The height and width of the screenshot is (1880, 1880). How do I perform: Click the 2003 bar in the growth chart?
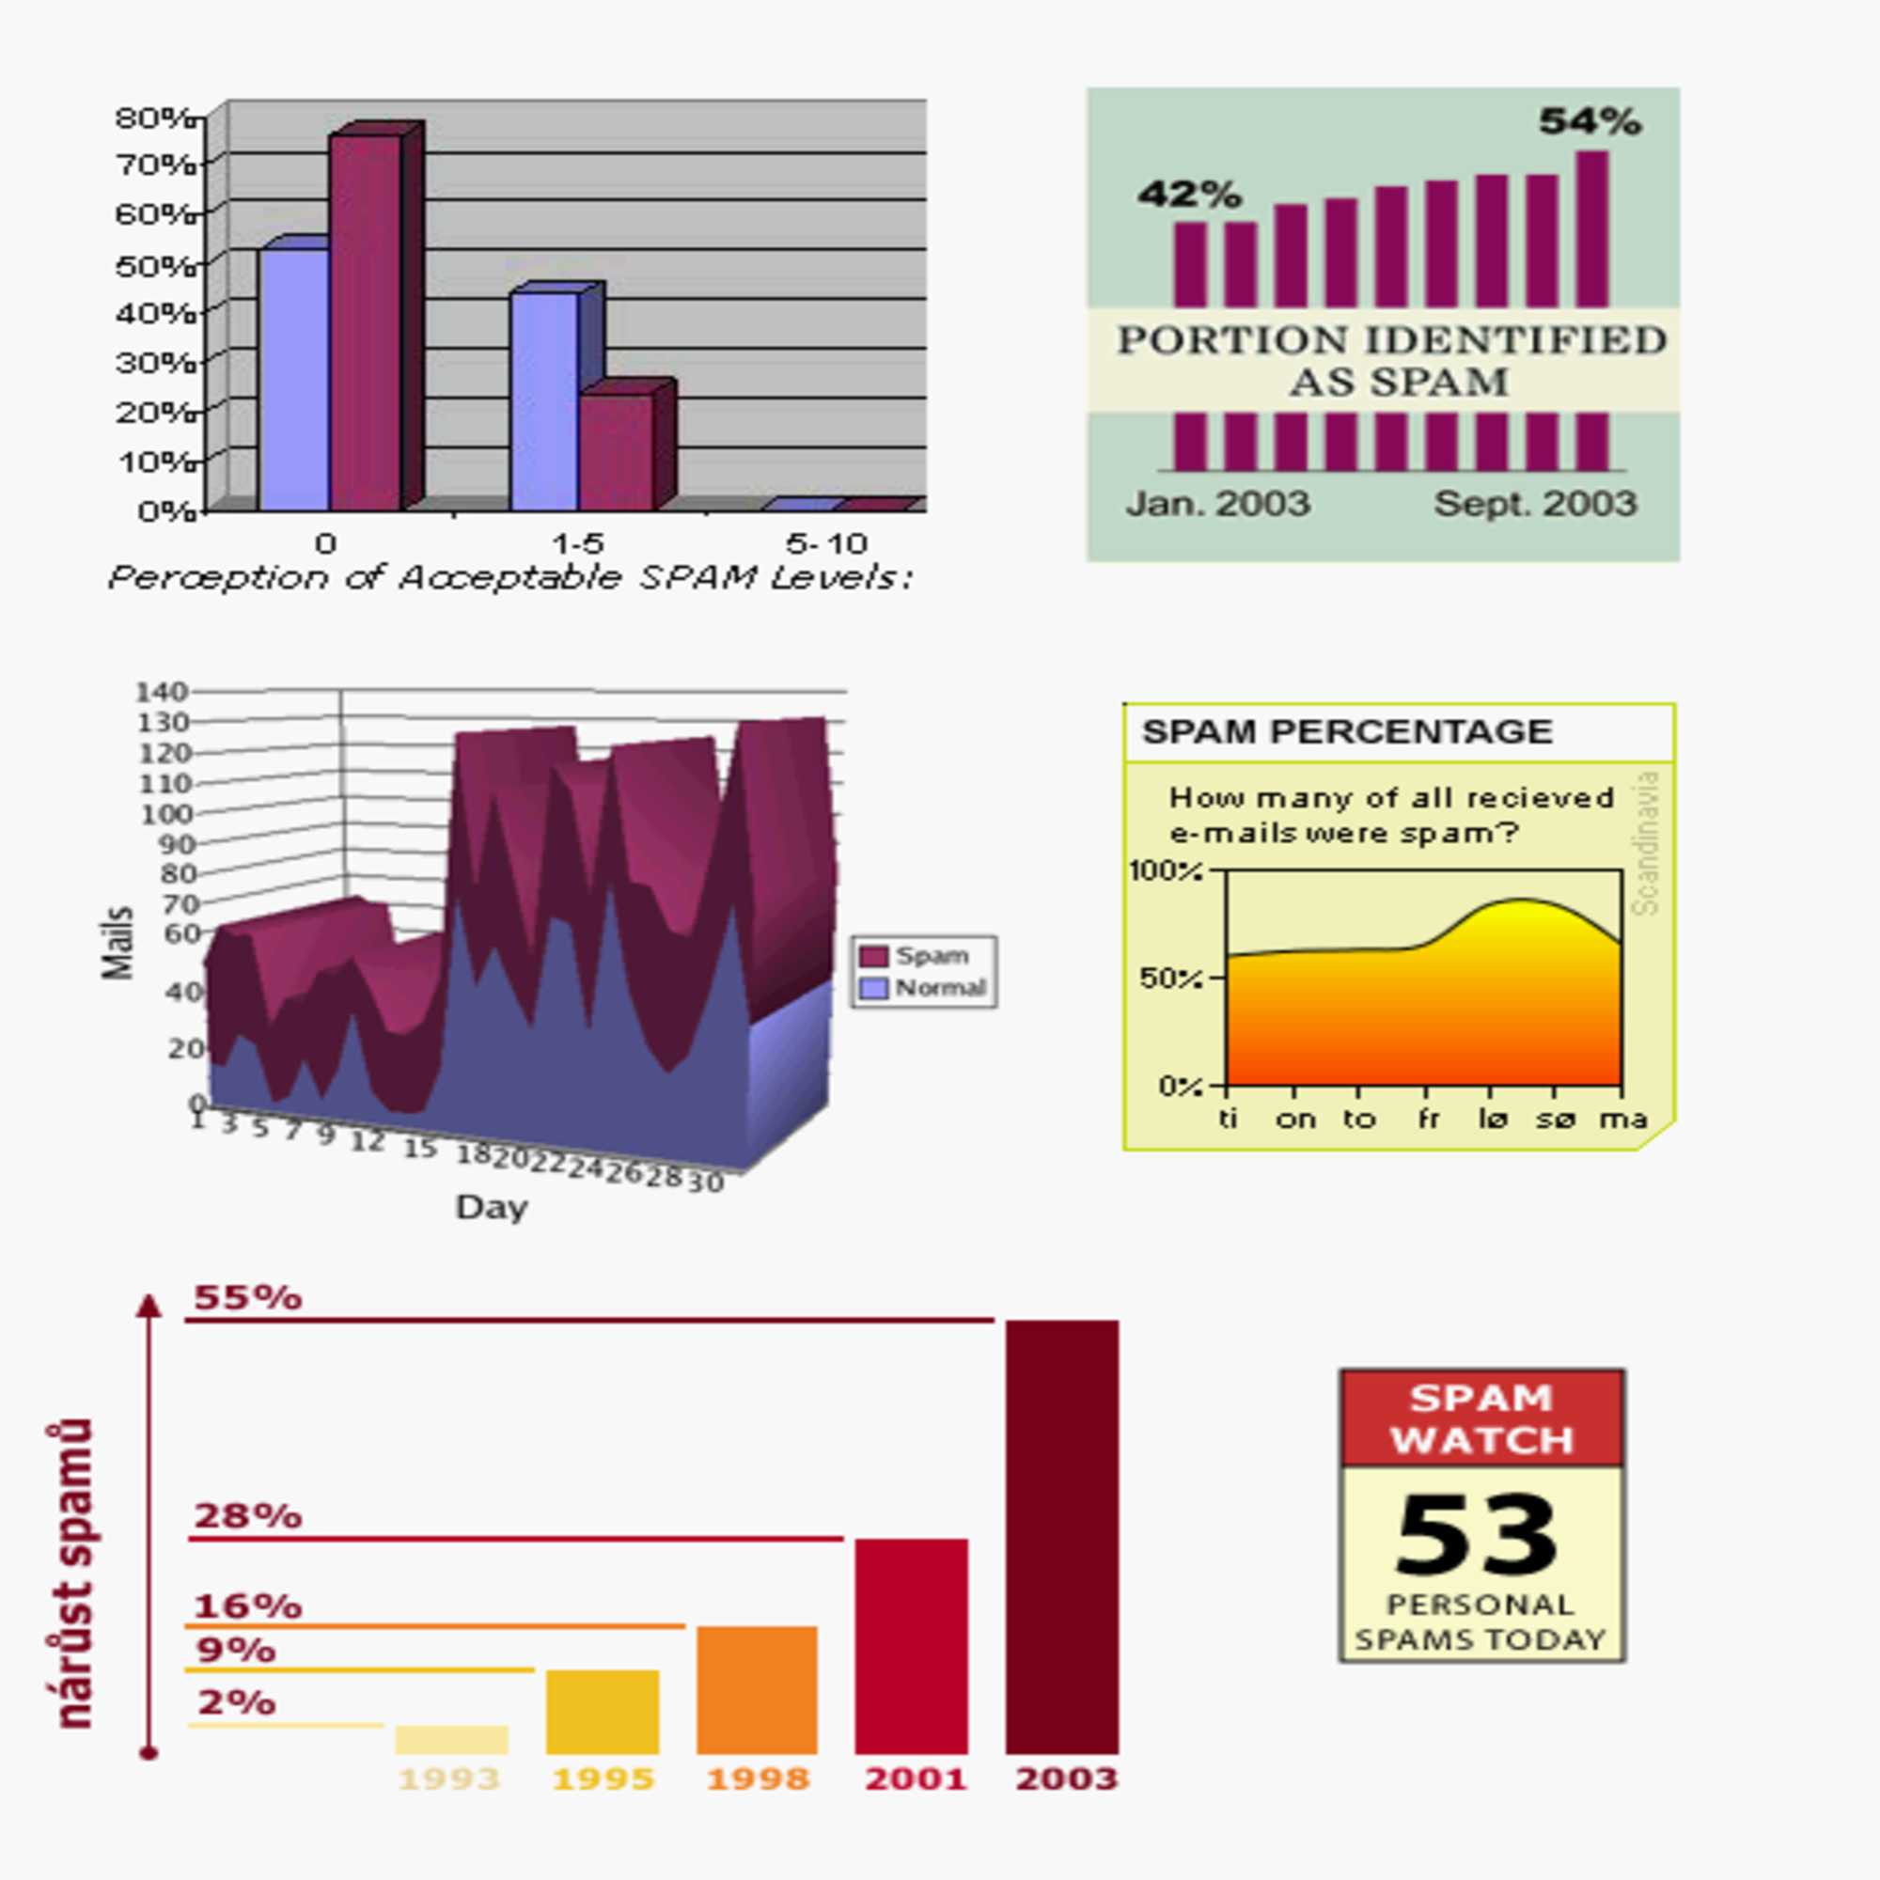pyautogui.click(x=1061, y=1538)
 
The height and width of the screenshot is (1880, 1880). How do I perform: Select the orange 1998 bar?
pyautogui.click(x=756, y=1690)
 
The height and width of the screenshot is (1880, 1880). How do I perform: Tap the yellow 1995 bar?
pyautogui.click(x=603, y=1712)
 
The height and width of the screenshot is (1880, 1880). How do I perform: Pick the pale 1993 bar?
pyautogui.click(x=451, y=1740)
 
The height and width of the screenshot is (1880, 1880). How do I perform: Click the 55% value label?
pyautogui.click(x=247, y=1298)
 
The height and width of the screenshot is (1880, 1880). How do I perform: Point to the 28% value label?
pyautogui.click(x=247, y=1517)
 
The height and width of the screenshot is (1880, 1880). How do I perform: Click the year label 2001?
pyautogui.click(x=916, y=1779)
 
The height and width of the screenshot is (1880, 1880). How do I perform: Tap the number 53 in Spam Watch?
pyautogui.click(x=1476, y=1537)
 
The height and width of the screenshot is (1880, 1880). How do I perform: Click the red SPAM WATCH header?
pyautogui.click(x=1481, y=1418)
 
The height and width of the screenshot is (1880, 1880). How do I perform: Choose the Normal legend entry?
pyautogui.click(x=925, y=988)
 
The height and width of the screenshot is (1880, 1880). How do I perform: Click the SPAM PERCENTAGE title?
pyautogui.click(x=1347, y=731)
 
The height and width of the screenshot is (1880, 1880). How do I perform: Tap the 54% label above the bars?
pyautogui.click(x=1589, y=122)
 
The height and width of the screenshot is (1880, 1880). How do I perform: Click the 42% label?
pyautogui.click(x=1189, y=195)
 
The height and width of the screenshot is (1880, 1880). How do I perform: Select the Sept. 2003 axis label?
pyautogui.click(x=1535, y=504)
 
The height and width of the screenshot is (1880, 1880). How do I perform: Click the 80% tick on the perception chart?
pyautogui.click(x=156, y=118)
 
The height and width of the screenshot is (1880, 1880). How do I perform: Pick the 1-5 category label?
pyautogui.click(x=578, y=542)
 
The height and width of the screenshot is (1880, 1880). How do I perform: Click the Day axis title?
pyautogui.click(x=492, y=1208)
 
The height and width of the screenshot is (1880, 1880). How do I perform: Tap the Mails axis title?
pyautogui.click(x=117, y=942)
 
